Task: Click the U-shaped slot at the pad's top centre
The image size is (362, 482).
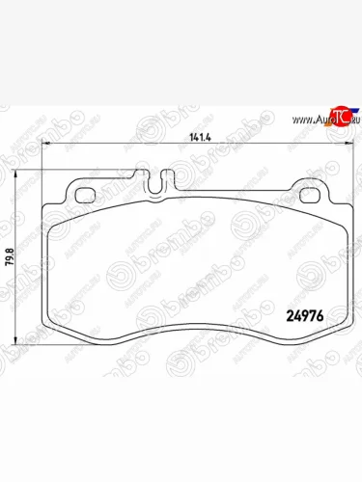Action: click(x=154, y=179)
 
